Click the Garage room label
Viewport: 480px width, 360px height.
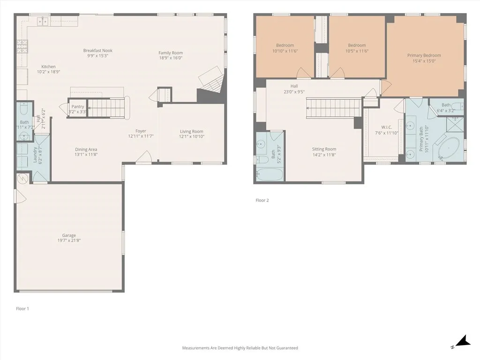(x=69, y=235)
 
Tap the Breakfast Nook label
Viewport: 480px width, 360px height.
(x=98, y=51)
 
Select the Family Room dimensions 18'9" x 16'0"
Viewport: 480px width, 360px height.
(x=171, y=58)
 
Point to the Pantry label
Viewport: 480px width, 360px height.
(x=78, y=107)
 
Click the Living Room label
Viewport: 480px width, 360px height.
(x=192, y=132)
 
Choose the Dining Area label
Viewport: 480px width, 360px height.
(x=86, y=150)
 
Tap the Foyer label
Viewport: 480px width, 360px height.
(x=141, y=131)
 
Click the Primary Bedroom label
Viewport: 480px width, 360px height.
(x=424, y=55)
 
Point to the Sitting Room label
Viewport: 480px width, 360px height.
(x=324, y=149)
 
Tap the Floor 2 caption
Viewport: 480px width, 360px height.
(x=262, y=200)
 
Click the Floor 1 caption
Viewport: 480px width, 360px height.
(x=22, y=308)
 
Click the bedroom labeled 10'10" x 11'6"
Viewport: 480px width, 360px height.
(x=285, y=45)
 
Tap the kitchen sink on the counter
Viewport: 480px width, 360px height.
(x=43, y=21)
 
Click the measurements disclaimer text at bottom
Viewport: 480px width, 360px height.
(x=240, y=348)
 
